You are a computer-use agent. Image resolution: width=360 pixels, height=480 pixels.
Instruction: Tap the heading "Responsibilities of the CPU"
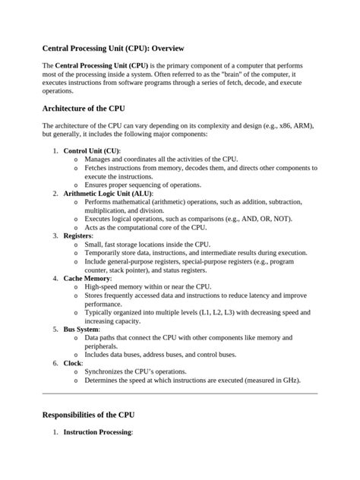point(89,415)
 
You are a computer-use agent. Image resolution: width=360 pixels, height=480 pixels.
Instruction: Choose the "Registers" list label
point(77,236)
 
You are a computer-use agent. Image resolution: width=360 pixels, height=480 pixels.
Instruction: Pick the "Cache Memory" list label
point(87,279)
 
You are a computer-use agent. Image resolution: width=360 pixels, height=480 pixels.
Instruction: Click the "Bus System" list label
point(81,330)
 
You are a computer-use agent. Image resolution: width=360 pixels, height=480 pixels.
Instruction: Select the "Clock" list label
point(73,363)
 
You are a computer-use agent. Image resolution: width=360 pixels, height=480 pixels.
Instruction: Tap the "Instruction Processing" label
point(98,432)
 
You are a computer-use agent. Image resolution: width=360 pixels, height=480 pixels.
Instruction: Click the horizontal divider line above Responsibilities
point(180,393)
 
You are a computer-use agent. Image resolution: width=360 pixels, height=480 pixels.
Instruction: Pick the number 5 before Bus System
point(55,330)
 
